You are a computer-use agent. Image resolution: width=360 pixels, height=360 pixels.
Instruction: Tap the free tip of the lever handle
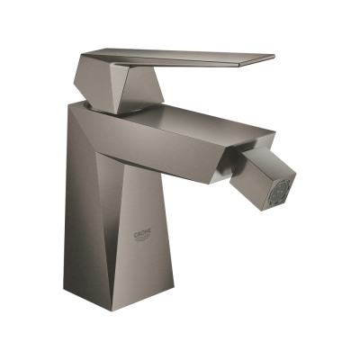click(269, 59)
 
